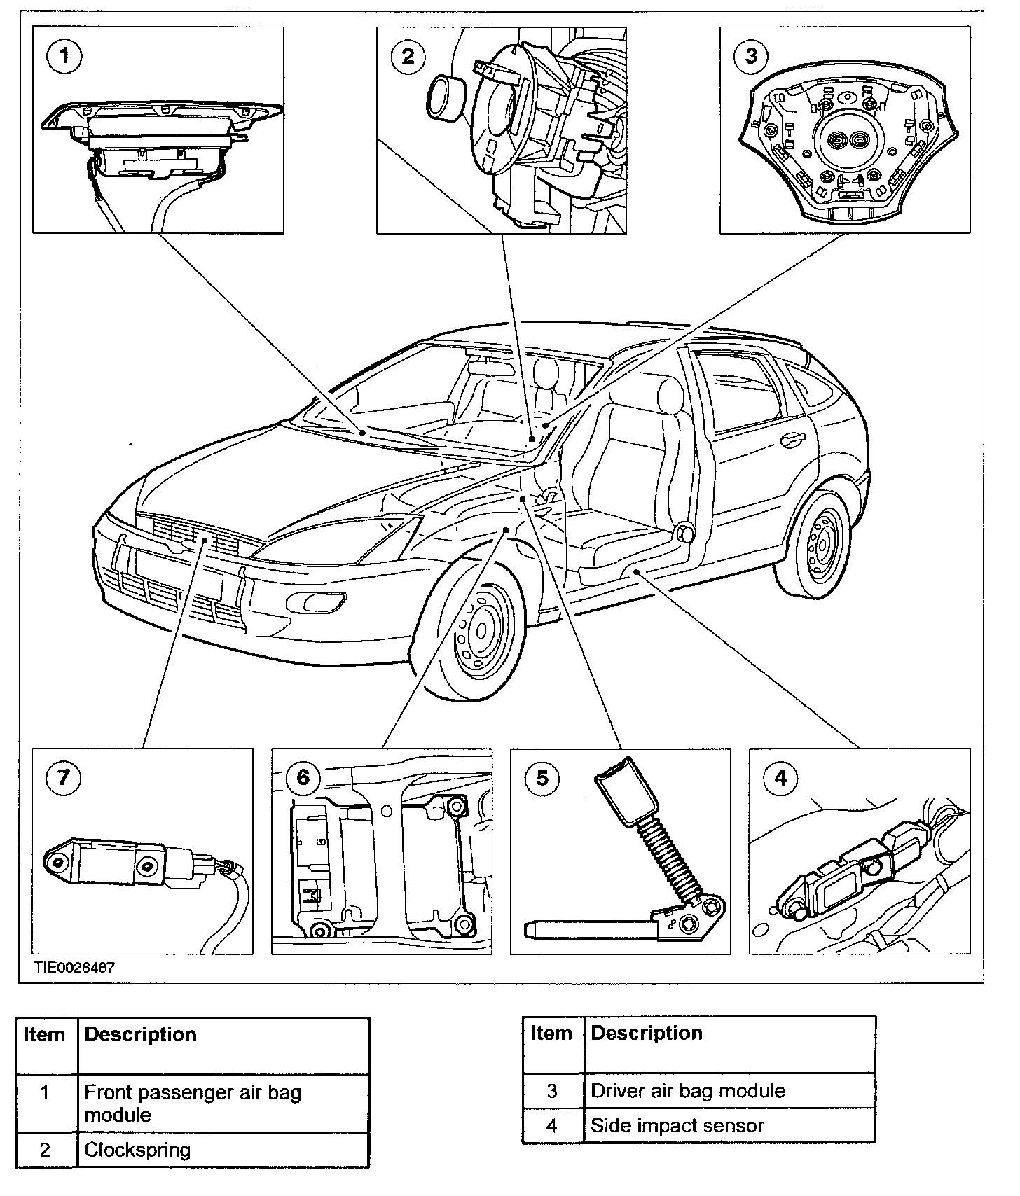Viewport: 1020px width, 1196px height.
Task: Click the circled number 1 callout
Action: (x=64, y=55)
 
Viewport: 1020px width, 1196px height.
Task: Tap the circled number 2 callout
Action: (x=408, y=55)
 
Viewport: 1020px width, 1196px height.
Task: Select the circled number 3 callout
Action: (x=751, y=55)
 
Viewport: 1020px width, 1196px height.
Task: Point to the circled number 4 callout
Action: (x=780, y=778)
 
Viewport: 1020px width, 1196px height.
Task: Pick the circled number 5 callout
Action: (x=542, y=778)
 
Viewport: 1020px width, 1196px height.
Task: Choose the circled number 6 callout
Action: (x=303, y=778)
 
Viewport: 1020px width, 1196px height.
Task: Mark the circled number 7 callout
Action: (x=64, y=778)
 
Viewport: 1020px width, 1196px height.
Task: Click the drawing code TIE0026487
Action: (x=74, y=967)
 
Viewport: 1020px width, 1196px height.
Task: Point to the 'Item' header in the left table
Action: (x=44, y=1035)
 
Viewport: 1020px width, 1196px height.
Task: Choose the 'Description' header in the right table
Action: (x=647, y=1034)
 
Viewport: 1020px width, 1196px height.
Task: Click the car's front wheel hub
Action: (x=481, y=631)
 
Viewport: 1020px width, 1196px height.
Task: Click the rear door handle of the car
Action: (x=793, y=440)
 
